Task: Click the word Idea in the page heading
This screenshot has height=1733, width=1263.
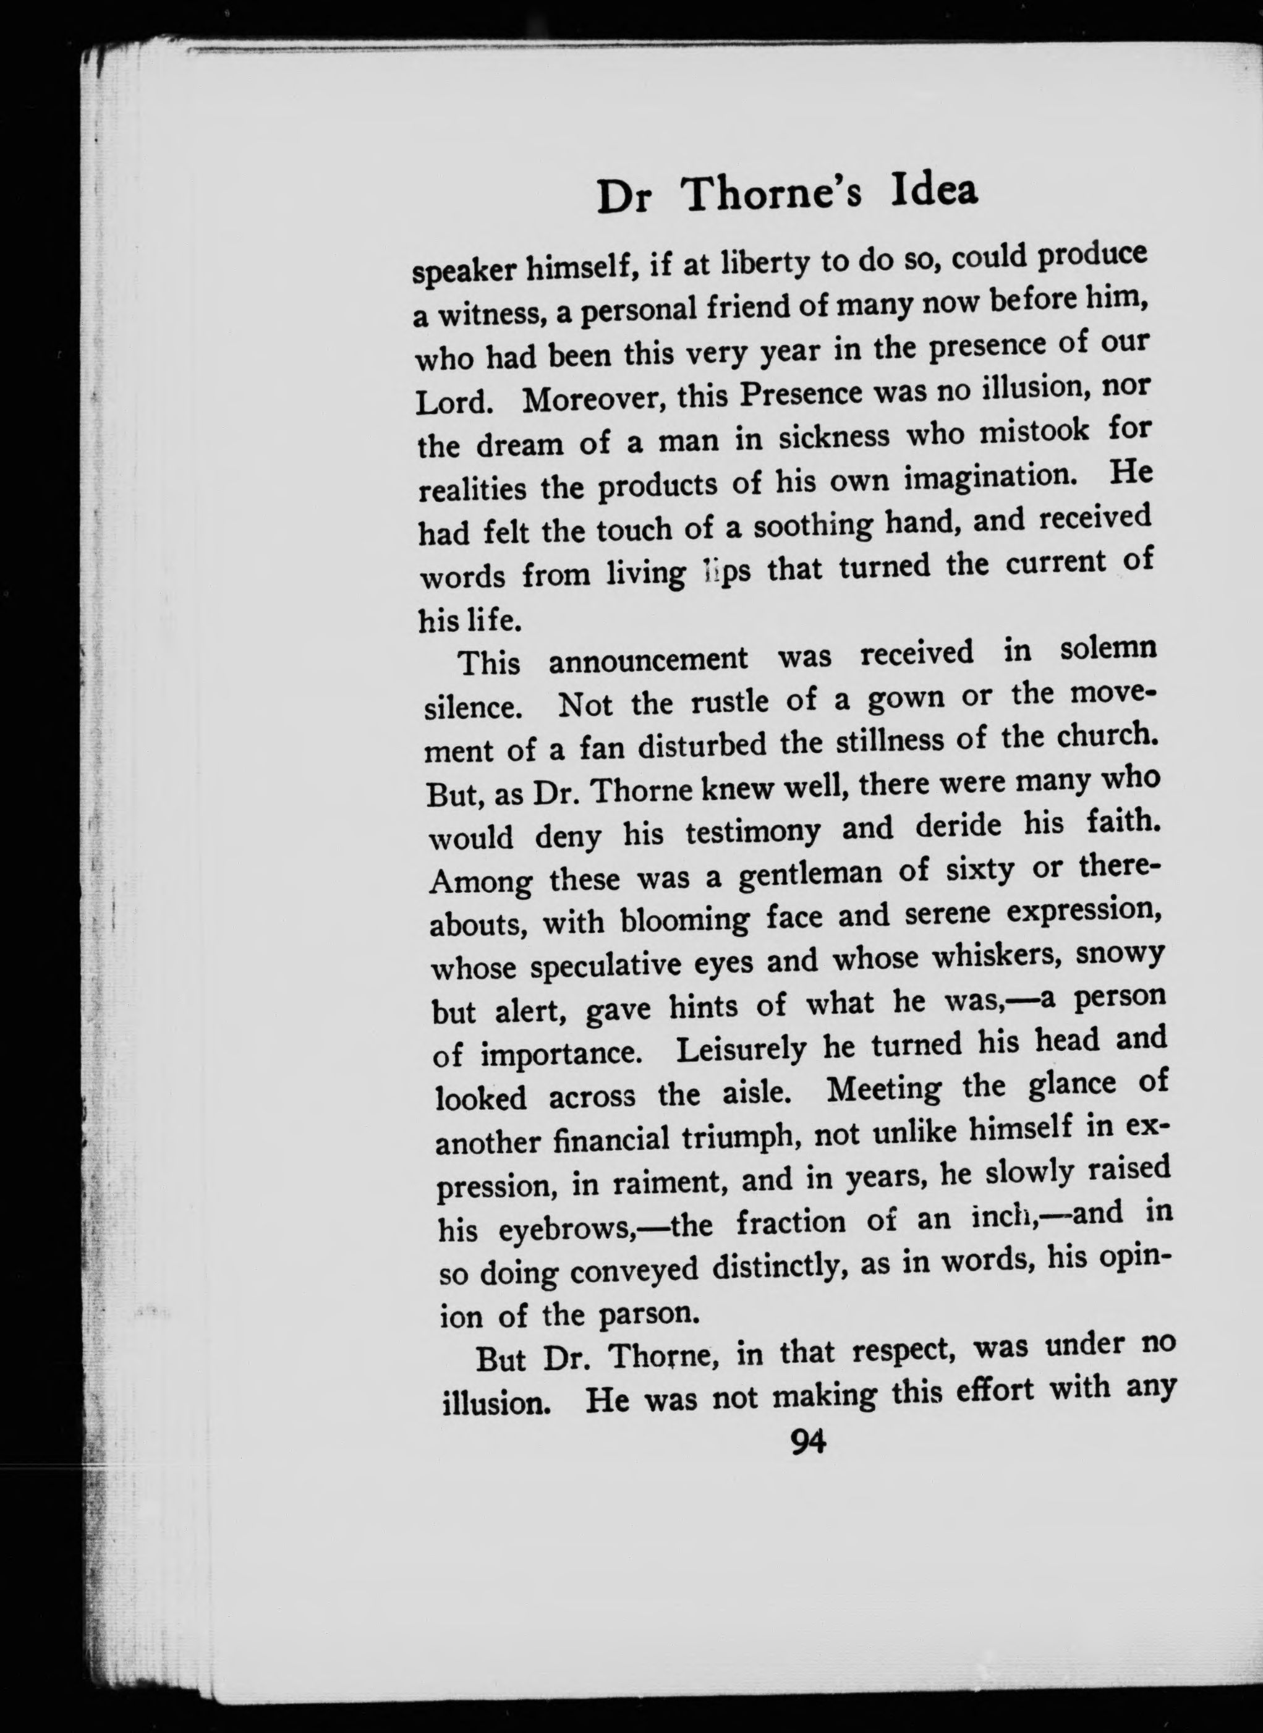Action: pyautogui.click(x=934, y=192)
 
